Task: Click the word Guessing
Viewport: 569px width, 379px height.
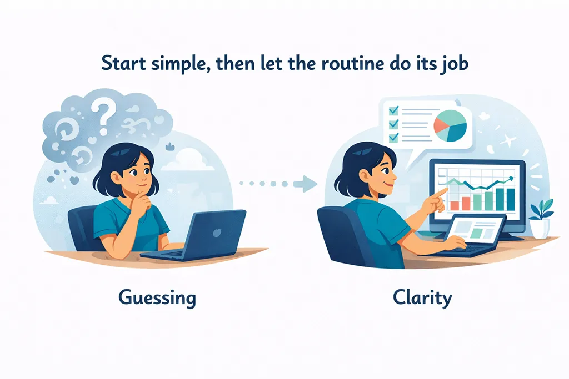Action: pos(157,298)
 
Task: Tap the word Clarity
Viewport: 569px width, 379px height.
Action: pos(422,297)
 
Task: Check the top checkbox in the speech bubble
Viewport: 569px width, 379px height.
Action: pos(393,110)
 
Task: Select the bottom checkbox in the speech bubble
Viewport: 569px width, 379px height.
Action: pos(393,137)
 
